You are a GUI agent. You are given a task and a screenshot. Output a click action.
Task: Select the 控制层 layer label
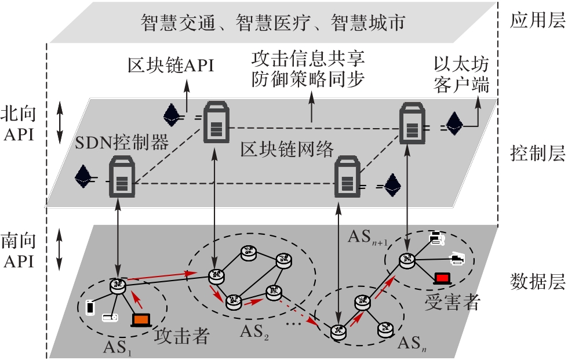536,154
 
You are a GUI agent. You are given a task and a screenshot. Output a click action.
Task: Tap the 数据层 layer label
536,282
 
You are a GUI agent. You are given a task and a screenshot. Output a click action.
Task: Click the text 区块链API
170,65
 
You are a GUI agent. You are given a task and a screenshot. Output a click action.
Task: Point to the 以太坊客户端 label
461,75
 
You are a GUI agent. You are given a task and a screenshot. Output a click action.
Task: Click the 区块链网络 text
287,150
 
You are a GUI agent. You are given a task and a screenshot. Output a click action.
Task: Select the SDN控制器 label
121,141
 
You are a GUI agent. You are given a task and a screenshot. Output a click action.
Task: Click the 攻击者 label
182,337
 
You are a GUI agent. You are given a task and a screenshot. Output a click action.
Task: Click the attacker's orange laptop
141,319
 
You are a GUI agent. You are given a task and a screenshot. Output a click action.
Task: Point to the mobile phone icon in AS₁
90,307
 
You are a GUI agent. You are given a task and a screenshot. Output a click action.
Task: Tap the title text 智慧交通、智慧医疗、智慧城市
272,23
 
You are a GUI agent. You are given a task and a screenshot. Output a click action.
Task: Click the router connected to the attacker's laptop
118,285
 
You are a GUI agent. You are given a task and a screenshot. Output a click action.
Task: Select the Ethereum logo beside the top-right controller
454,123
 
